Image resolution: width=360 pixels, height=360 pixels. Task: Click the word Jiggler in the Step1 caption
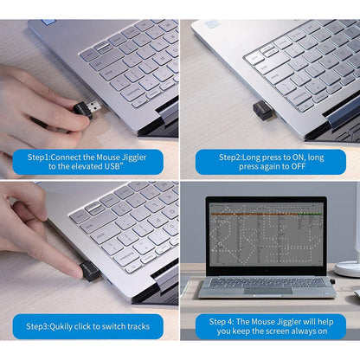134,157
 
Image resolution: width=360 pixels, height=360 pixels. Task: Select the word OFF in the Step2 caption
298,166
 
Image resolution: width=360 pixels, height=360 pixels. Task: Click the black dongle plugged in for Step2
262,112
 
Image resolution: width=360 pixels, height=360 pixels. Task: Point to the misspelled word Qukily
61,326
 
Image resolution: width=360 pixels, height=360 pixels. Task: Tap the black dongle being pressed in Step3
89,271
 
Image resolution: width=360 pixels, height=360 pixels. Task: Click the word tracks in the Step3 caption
138,326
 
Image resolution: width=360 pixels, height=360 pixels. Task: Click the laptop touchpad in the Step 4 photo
268,290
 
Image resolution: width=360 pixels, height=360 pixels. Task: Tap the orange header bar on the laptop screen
254,215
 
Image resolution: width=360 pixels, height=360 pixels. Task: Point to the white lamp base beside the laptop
347,269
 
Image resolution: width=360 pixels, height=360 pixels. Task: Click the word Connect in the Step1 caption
66,157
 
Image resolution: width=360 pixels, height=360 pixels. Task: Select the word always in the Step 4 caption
303,331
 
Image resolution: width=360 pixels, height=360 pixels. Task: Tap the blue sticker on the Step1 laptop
48,22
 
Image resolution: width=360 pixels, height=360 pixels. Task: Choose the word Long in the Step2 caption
251,157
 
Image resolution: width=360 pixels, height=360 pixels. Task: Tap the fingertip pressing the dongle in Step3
75,273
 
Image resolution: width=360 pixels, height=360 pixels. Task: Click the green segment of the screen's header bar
311,214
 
